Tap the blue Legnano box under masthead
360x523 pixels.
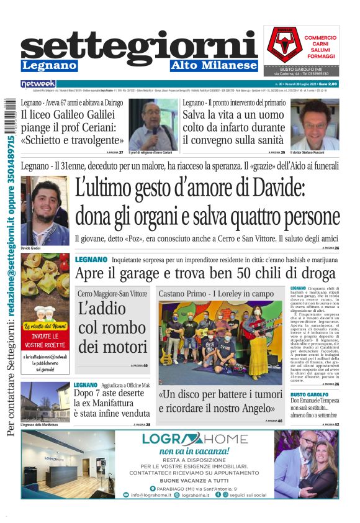click(49, 66)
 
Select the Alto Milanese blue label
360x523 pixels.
click(214, 66)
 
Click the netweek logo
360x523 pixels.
click(38, 84)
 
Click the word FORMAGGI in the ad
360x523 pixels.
click(320, 56)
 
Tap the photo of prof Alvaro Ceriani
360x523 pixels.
click(153, 124)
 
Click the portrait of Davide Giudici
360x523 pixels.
click(44, 209)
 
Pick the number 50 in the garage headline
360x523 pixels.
click(233, 273)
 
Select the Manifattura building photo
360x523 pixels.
click(45, 401)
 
